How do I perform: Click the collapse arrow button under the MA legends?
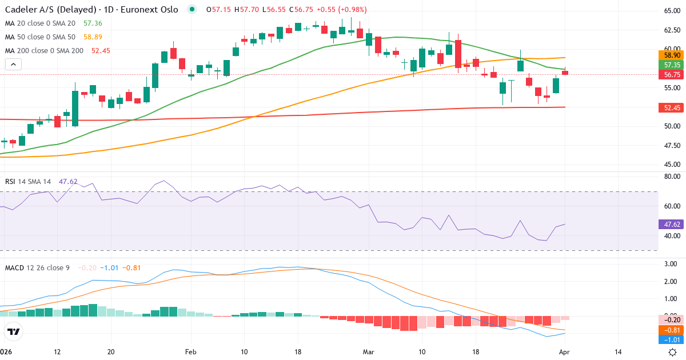pos(13,64)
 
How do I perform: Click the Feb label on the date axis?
pos(191,352)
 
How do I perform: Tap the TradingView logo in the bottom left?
pos(14,331)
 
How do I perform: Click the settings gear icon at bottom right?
pos(673,352)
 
